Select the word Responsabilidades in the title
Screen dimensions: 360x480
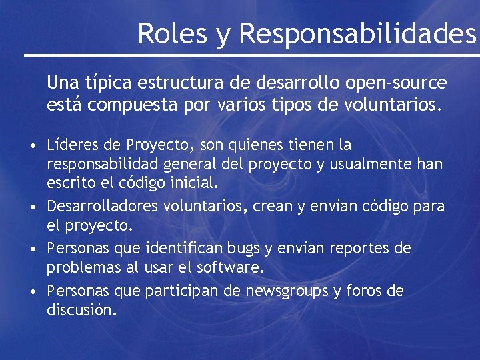point(357,33)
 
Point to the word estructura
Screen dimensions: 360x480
point(182,83)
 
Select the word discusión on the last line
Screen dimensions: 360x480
point(81,310)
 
